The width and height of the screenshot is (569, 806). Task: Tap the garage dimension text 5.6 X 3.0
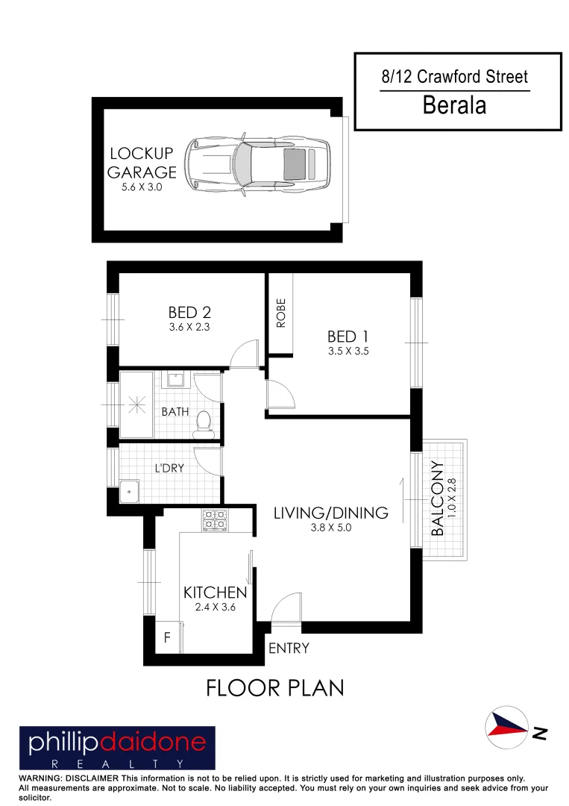pos(142,188)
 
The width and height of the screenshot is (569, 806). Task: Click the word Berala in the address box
pos(454,105)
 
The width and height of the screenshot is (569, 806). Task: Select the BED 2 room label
pos(189,313)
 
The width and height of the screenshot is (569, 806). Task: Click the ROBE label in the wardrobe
pos(281,314)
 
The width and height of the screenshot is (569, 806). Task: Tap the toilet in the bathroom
pos(202,422)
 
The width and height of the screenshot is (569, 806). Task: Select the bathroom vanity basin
pos(175,380)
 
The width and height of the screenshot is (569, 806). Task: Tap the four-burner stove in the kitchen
pos(214,519)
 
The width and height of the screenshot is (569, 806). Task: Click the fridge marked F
pos(167,639)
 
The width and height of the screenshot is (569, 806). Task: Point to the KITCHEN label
pos(215,593)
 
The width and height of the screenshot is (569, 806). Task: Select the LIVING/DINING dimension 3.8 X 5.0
pos(330,528)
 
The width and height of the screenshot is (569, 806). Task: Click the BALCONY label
pos(438,498)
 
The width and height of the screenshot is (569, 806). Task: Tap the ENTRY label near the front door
pos(289,649)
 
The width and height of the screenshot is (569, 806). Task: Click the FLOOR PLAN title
pos(275,687)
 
